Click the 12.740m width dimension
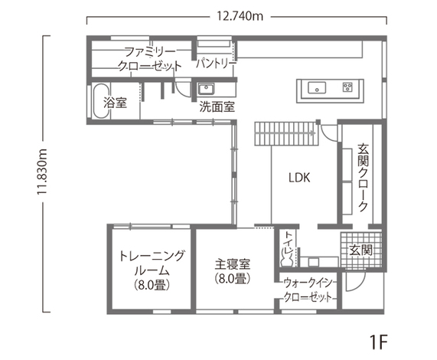tap(240, 16)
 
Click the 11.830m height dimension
tap(42, 172)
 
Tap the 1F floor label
tap(379, 342)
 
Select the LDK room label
tap(299, 178)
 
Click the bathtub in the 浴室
tap(100, 101)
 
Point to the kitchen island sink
tap(317, 87)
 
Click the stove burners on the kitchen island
tap(347, 87)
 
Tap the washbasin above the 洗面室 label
tap(206, 89)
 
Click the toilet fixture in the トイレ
tap(286, 257)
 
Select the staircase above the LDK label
tap(286, 133)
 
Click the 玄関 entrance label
tap(361, 250)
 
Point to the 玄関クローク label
tap(363, 178)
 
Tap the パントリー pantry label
tap(217, 64)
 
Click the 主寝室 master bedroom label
tap(233, 263)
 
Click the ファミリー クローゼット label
tap(150, 59)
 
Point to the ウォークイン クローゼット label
tap(308, 290)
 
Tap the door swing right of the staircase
tap(329, 132)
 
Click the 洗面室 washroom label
tap(217, 106)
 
